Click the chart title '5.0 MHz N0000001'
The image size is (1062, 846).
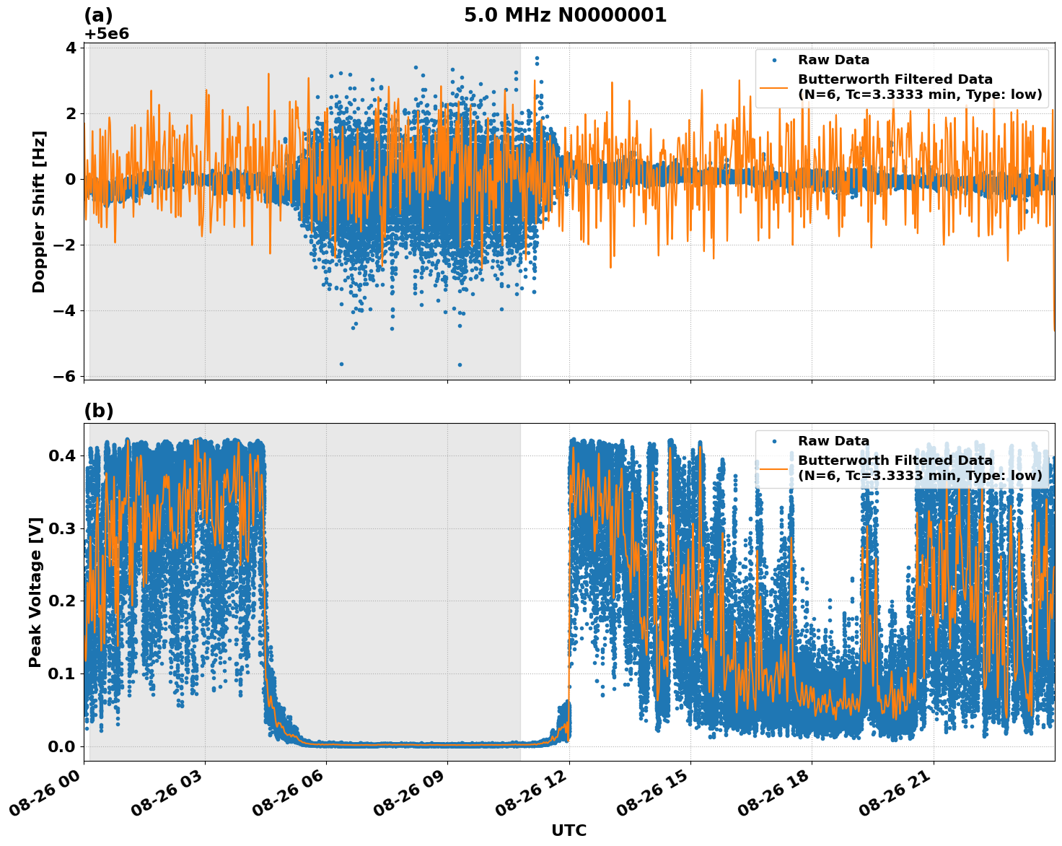coord(565,15)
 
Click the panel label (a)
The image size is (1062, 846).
coord(98,15)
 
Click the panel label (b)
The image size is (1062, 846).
coord(99,411)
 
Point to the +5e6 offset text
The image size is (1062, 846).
coord(106,34)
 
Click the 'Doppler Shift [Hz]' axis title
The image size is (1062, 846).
coord(39,211)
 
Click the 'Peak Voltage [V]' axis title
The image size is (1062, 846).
coord(35,592)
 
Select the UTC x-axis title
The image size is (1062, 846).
coord(569,830)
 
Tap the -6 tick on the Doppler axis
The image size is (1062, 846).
coord(65,376)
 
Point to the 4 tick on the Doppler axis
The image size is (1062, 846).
coord(71,48)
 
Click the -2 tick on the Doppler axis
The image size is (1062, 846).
coord(65,245)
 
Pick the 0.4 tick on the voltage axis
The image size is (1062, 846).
coord(62,455)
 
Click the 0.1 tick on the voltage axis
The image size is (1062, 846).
coord(62,673)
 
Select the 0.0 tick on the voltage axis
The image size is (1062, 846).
coord(62,746)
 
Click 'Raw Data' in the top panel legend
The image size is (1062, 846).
coord(833,61)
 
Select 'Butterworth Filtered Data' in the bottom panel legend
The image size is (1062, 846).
coord(895,461)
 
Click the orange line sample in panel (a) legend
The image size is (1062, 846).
coord(774,87)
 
